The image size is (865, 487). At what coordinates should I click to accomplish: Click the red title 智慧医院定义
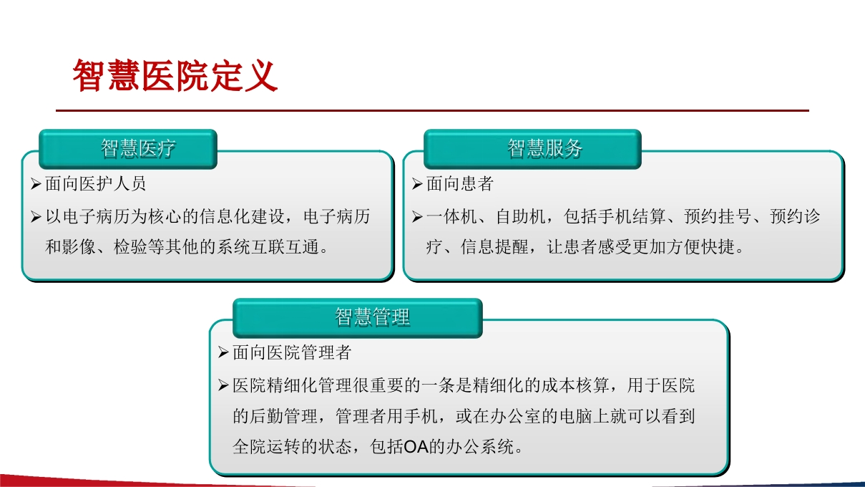click(175, 75)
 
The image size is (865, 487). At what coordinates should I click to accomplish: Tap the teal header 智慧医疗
click(138, 148)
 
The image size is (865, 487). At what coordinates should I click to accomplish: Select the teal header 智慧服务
click(544, 148)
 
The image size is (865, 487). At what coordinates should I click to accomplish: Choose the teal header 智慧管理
click(372, 317)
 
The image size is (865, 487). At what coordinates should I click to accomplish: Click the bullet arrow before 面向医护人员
click(36, 184)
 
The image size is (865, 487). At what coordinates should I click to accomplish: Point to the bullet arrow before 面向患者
click(417, 184)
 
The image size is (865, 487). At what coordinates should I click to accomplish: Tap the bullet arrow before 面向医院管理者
click(223, 352)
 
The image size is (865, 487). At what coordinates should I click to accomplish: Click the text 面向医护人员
click(95, 184)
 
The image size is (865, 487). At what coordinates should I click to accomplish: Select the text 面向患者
click(459, 184)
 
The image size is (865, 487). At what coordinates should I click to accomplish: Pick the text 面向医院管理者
click(292, 352)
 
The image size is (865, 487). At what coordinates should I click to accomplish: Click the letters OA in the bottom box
click(416, 447)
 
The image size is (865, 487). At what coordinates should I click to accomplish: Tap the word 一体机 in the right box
click(451, 216)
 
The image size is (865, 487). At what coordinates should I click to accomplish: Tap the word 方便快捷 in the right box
click(701, 247)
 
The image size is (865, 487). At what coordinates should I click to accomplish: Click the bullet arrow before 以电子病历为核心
click(36, 216)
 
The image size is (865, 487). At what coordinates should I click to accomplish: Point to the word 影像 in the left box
click(79, 247)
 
